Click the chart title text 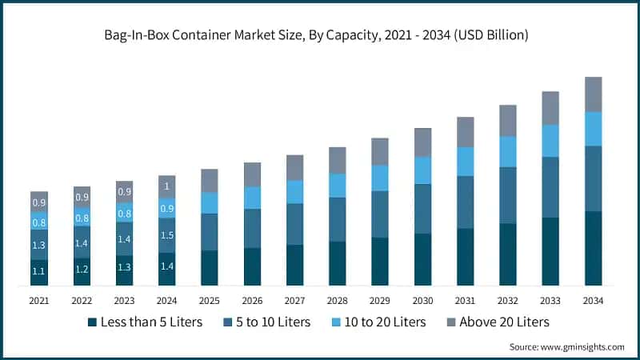tap(320, 36)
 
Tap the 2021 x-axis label tap(39, 300)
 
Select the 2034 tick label tap(593, 300)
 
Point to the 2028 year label tap(338, 300)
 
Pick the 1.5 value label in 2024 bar tap(166, 235)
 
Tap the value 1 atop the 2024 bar tap(166, 186)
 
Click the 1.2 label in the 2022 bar tap(82, 270)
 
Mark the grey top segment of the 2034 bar tap(593, 94)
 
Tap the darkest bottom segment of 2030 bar tap(422, 259)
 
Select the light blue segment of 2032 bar tap(508, 150)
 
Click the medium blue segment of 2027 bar tap(294, 223)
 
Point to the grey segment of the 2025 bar tap(210, 180)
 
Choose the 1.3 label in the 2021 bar tap(39, 245)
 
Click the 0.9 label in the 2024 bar tap(166, 209)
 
